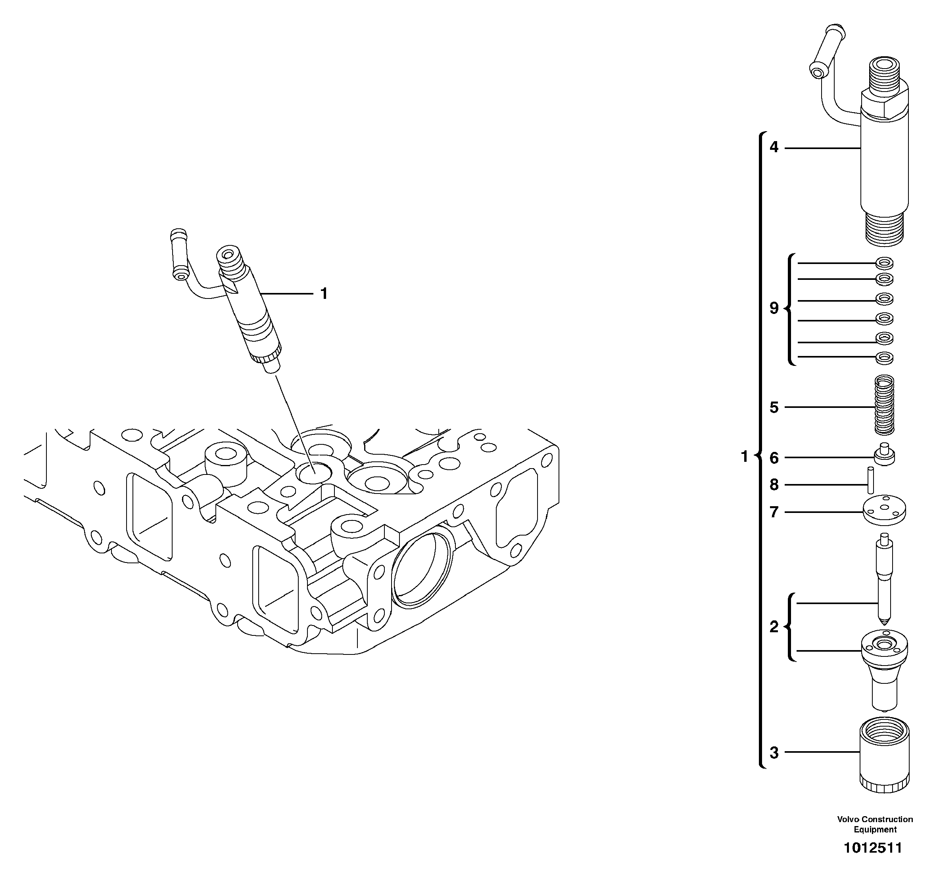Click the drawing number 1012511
[x=872, y=848]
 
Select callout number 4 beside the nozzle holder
[x=774, y=147]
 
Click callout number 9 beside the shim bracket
[x=774, y=308]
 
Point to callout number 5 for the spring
[x=774, y=407]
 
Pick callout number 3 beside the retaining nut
[x=774, y=753]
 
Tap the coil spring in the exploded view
[x=884, y=405]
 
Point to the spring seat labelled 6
[x=884, y=455]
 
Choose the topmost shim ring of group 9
[x=884, y=263]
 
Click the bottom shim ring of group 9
[x=884, y=358]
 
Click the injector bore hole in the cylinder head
[x=314, y=472]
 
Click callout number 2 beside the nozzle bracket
[x=774, y=627]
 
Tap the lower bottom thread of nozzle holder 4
[x=884, y=231]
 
